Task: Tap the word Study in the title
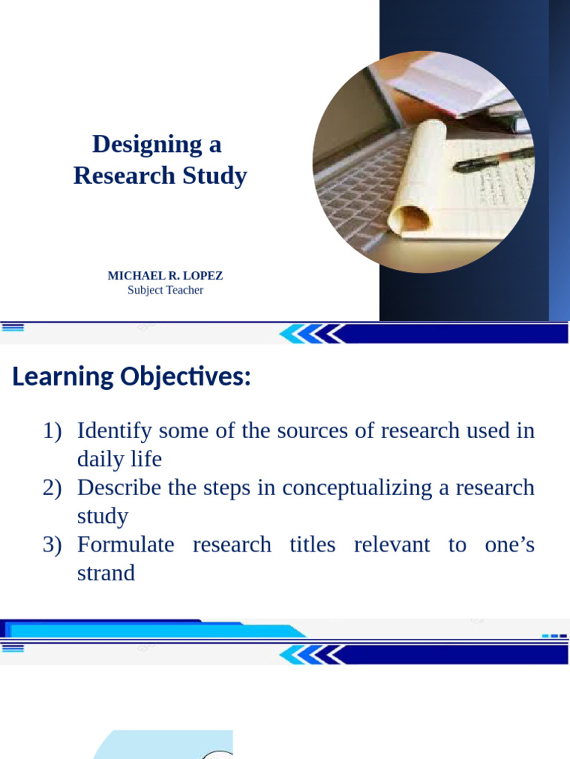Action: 218,176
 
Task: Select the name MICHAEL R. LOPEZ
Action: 165,276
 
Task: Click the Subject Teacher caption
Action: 165,291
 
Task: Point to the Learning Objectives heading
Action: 132,377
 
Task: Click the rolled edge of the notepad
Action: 410,219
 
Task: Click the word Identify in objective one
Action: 113,431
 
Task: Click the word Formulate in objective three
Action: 125,545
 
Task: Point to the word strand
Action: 106,573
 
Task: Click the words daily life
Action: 119,460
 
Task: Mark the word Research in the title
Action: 121,176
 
